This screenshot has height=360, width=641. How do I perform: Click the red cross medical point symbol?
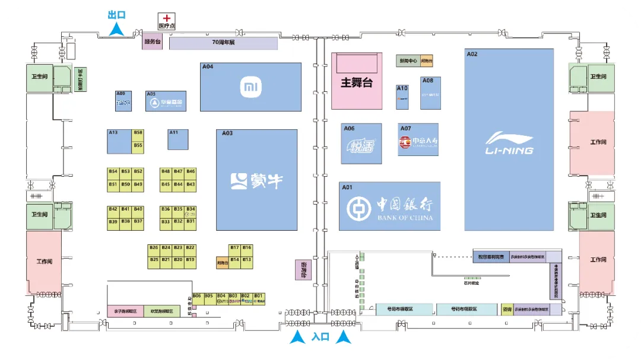click(x=167, y=19)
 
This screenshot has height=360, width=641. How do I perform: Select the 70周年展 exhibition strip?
click(x=224, y=43)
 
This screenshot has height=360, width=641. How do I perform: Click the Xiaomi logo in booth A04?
click(x=250, y=87)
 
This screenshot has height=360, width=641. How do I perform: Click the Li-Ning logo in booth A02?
click(x=509, y=143)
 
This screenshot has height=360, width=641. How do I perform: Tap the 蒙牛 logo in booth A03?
click(x=256, y=180)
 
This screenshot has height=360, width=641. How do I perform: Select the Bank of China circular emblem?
click(x=358, y=207)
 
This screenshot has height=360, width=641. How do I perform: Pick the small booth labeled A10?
click(x=402, y=97)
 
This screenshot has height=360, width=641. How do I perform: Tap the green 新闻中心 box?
click(x=407, y=61)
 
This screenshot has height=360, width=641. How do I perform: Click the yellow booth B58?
click(x=138, y=133)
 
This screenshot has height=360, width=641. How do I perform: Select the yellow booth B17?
click(x=234, y=247)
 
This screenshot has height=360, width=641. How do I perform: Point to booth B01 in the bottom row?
click(x=258, y=298)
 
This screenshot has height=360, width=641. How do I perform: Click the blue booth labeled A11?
click(x=178, y=139)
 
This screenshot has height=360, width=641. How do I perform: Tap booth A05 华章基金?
click(x=166, y=101)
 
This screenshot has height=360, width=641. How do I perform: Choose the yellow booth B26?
click(x=154, y=247)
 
